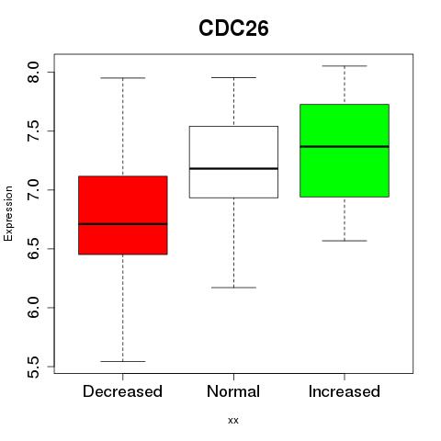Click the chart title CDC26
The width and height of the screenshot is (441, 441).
pyautogui.click(x=233, y=28)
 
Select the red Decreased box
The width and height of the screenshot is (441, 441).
pyautogui.click(x=123, y=215)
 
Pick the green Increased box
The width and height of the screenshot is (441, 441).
pyautogui.click(x=345, y=151)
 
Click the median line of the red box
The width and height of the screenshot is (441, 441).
pyautogui.click(x=123, y=224)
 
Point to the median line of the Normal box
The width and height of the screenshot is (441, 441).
pyautogui.click(x=233, y=168)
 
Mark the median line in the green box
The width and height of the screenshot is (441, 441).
pyautogui.click(x=345, y=146)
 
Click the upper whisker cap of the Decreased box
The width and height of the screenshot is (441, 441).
pyautogui.click(x=123, y=78)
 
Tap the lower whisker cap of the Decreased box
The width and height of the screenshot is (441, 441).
pyautogui.click(x=123, y=361)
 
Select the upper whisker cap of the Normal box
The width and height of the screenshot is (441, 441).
pyautogui.click(x=233, y=77)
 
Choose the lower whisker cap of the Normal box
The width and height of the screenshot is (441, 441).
pyautogui.click(x=233, y=288)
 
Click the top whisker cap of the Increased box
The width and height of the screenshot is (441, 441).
pyautogui.click(x=345, y=66)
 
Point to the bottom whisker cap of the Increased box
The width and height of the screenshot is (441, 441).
pyautogui.click(x=345, y=241)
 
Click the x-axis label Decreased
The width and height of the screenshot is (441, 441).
pyautogui.click(x=122, y=391)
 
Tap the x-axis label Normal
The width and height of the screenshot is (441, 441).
pyautogui.click(x=233, y=391)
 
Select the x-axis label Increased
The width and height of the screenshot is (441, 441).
pyautogui.click(x=345, y=391)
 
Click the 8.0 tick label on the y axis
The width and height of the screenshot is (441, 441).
pyautogui.click(x=32, y=73)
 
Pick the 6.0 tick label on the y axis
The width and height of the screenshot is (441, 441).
pyautogui.click(x=32, y=308)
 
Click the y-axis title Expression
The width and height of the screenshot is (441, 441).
pyautogui.click(x=8, y=213)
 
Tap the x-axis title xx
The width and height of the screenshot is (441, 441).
pyautogui.click(x=233, y=421)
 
